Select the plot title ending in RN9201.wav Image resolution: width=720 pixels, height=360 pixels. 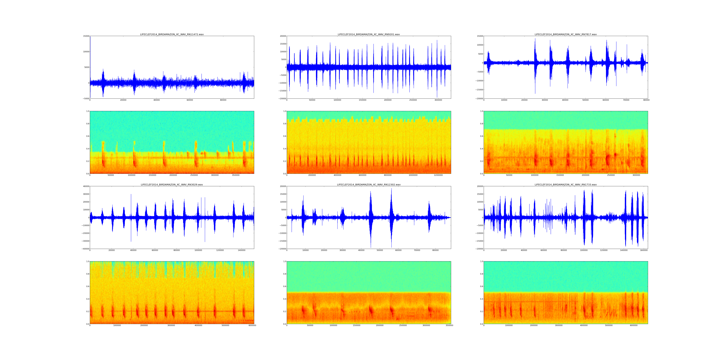tap(369, 34)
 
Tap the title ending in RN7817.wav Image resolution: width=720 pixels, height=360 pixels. tap(566, 34)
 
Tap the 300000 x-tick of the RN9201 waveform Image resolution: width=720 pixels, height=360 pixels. tap(438, 100)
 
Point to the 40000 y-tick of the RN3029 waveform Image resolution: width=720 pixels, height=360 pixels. tap(86, 186)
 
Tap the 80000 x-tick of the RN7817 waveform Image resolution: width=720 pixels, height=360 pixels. tap(646, 100)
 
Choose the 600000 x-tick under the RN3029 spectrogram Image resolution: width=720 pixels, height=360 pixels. tap(252, 325)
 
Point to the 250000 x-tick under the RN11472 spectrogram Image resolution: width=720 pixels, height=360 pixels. tap(194, 175)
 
